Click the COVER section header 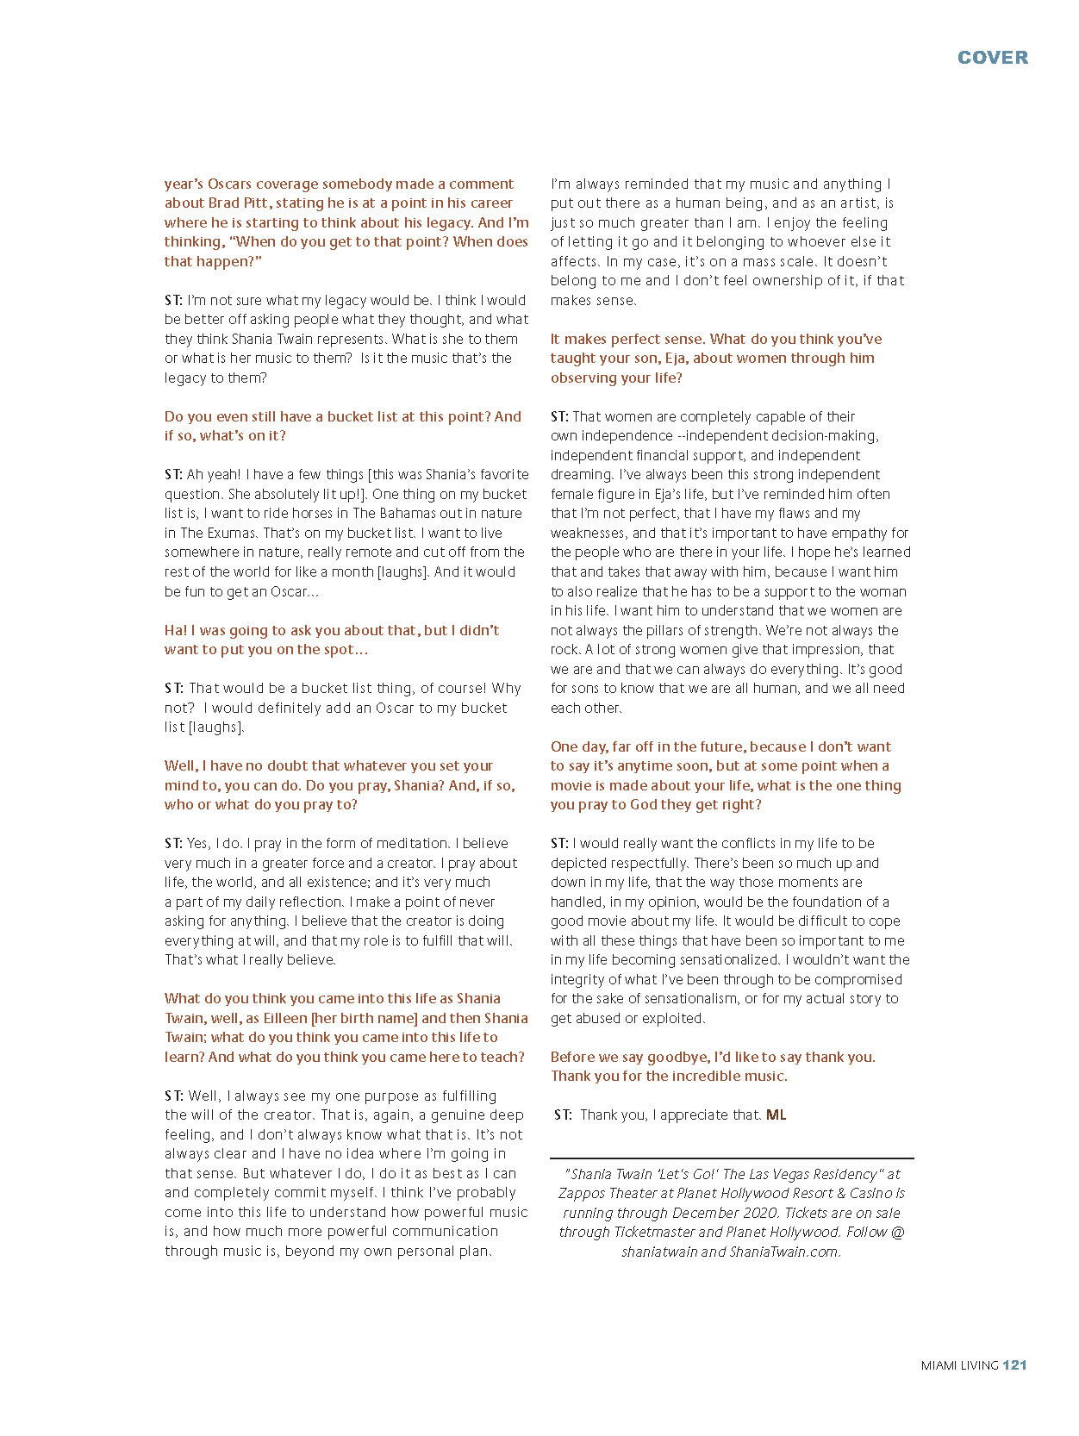(x=993, y=58)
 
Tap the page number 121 (x=1014, y=1364)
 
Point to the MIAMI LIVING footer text (x=959, y=1365)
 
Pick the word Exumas (x=230, y=533)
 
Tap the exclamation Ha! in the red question (x=176, y=630)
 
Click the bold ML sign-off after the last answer (x=776, y=1114)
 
